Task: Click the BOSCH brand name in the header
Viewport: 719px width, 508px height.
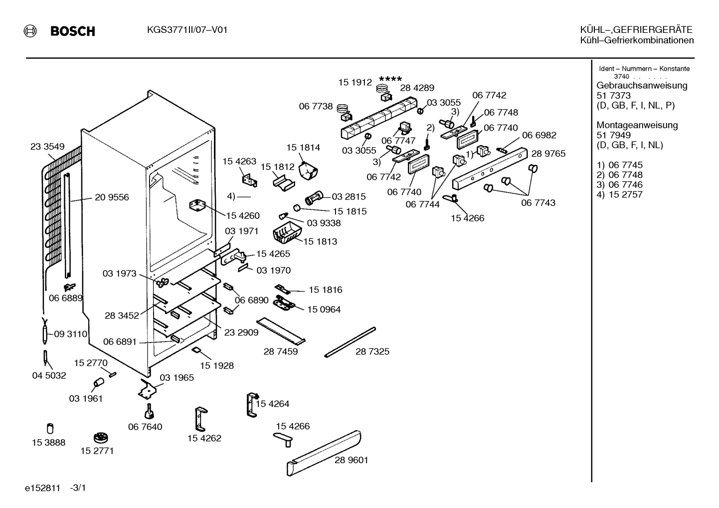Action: click(73, 31)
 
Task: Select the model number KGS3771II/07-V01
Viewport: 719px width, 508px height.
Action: click(187, 30)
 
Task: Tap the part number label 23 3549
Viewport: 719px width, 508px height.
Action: click(47, 147)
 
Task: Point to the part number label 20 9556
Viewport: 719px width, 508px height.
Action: click(112, 197)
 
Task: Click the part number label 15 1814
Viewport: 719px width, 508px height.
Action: click(303, 147)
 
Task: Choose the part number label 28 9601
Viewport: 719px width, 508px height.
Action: click(351, 460)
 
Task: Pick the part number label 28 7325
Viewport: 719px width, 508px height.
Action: click(372, 351)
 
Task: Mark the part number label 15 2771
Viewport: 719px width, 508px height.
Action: click(97, 451)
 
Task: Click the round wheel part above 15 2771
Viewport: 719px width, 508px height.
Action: click(101, 438)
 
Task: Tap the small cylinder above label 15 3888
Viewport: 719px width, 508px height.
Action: click(50, 428)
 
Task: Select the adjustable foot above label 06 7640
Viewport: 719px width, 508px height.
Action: click(149, 411)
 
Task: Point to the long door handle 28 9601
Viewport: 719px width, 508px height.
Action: click(324, 453)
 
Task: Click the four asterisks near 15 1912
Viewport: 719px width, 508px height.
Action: click(390, 79)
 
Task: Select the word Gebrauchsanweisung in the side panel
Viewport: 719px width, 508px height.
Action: click(642, 85)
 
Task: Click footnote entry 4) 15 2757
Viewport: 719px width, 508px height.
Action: click(619, 194)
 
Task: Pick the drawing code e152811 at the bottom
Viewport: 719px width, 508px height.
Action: click(42, 488)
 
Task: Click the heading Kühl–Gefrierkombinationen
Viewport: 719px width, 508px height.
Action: click(637, 40)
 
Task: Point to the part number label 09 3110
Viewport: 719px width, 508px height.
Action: click(70, 334)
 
